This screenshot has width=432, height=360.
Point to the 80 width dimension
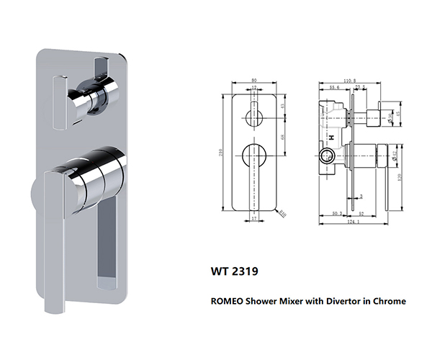pos(254,81)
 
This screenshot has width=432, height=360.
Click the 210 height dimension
pos(224,151)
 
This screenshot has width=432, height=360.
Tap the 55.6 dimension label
pos(334,88)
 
